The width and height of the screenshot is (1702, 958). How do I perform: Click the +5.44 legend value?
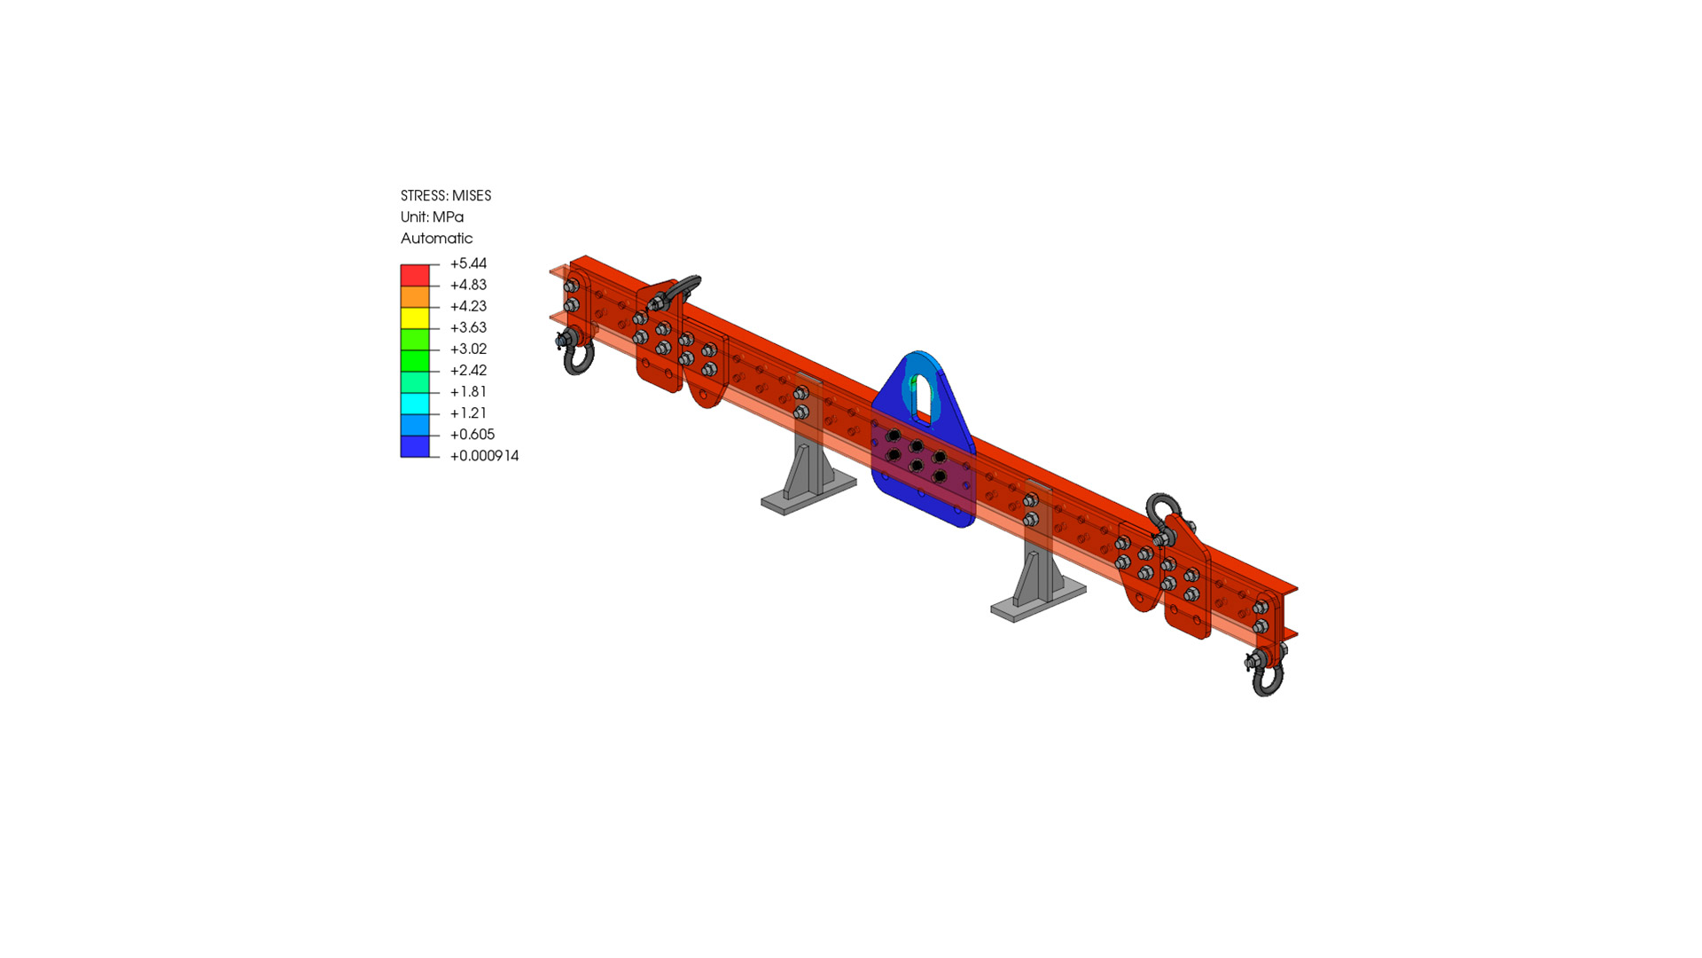coord(468,263)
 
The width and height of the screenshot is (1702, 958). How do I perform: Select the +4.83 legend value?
coord(468,285)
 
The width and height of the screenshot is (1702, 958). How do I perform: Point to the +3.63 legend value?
coord(468,327)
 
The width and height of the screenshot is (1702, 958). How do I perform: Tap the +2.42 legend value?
coord(468,370)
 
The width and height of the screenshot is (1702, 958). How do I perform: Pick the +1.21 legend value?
coord(468,412)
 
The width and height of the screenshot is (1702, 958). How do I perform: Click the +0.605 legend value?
coord(472,434)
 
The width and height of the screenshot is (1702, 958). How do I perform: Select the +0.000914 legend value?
coord(484,455)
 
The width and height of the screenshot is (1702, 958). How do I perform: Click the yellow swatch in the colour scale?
coord(415,318)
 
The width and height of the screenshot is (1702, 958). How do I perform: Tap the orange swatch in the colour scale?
coord(415,296)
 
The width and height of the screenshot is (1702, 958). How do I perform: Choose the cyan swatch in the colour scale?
coord(415,404)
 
